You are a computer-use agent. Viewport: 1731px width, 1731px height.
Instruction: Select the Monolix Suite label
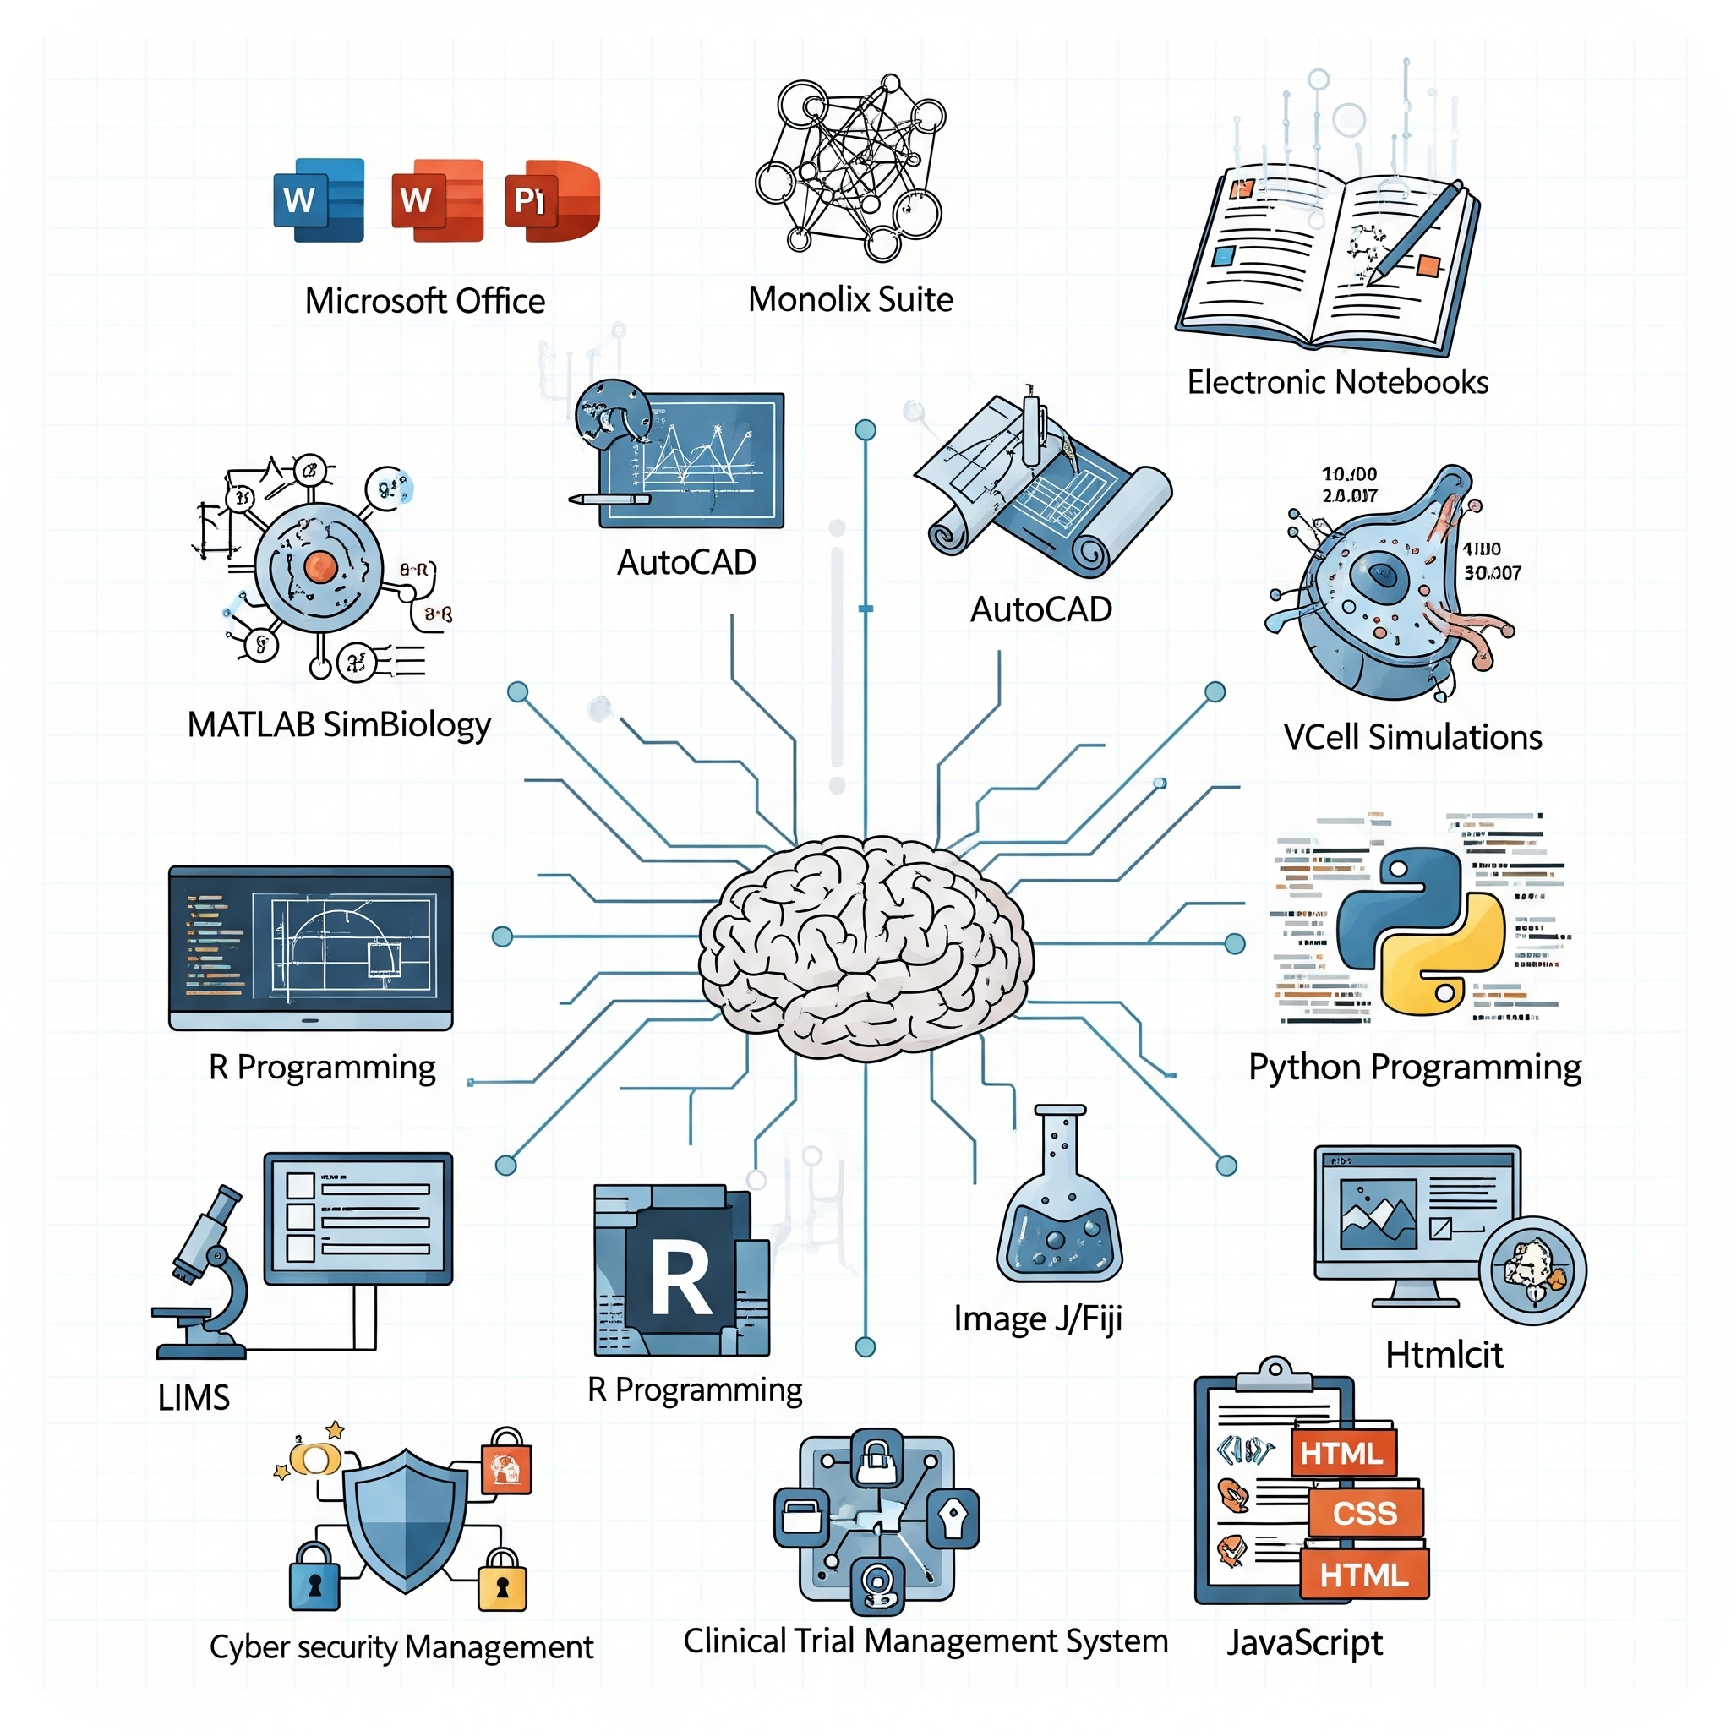850,299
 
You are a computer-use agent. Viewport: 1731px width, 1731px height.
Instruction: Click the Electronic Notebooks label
1337,383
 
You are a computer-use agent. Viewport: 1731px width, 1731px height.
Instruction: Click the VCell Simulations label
1412,737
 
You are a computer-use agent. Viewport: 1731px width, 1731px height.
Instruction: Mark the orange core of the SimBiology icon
319,566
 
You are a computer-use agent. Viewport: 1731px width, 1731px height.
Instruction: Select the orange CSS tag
1363,1513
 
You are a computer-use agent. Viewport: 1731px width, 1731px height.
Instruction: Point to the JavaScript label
1303,1643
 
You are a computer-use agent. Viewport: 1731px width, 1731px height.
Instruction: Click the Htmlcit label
1444,1355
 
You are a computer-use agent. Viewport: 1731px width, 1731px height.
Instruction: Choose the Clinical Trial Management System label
925,1641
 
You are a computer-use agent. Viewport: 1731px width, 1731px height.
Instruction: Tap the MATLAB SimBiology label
339,725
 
